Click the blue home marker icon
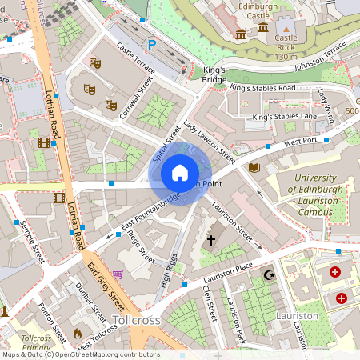pyautogui.click(x=179, y=172)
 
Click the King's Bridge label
pyautogui.click(x=214, y=75)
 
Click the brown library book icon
pyautogui.click(x=254, y=167)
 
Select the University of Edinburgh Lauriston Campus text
pyautogui.click(x=317, y=195)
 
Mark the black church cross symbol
pyautogui.click(x=212, y=240)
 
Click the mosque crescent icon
pyautogui.click(x=268, y=275)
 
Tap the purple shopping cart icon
pyautogui.click(x=118, y=274)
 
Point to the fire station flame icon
pyautogui.click(x=78, y=332)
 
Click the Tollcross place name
pyautogui.click(x=137, y=320)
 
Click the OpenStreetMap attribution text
pyautogui.click(x=81, y=354)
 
